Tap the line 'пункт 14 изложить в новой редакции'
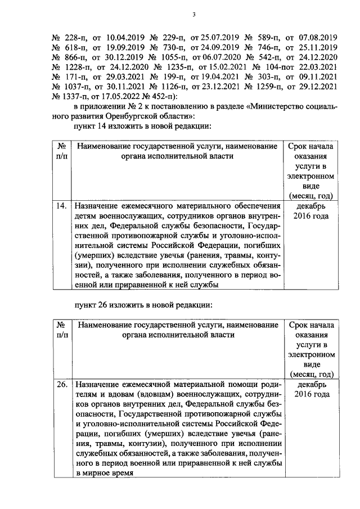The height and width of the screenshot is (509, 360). click(x=138, y=126)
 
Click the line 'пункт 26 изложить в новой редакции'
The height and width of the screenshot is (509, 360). click(x=138, y=305)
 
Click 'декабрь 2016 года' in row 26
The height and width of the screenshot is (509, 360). click(x=311, y=389)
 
